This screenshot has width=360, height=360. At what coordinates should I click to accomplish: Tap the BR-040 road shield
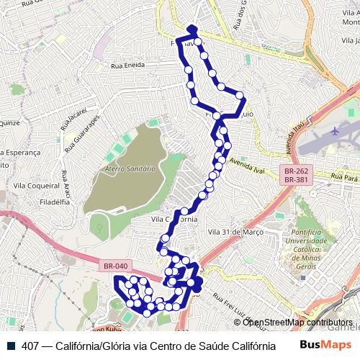coord(115,266)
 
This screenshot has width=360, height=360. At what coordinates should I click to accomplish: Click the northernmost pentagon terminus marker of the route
coord(192,30)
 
